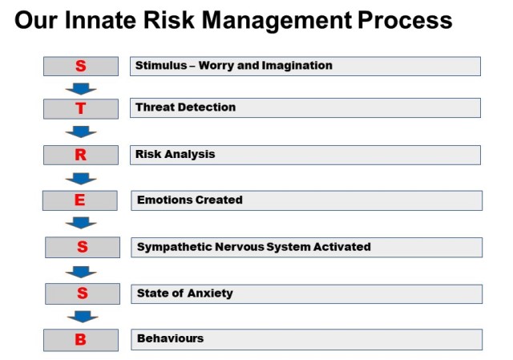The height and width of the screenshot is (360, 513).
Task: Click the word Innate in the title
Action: point(100,20)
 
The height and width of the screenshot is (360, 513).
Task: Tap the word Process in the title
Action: point(405,20)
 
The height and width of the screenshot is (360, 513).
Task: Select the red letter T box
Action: point(81,109)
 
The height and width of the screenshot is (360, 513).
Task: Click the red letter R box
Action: point(81,155)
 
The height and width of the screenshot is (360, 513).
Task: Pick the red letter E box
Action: point(80,200)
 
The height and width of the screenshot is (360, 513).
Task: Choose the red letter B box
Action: point(81,340)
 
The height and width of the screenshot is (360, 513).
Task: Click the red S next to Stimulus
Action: point(81,66)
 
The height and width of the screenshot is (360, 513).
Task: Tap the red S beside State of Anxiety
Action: point(83,293)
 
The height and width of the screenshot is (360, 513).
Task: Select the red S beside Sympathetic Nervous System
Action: point(83,247)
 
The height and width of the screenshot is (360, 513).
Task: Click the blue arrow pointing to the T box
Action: point(81,89)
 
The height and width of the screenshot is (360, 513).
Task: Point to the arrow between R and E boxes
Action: point(81,179)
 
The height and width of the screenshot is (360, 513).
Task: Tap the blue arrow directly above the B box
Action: point(83,317)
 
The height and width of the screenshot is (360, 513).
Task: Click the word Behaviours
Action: point(171,338)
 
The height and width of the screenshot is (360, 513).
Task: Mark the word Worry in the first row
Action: point(216,66)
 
